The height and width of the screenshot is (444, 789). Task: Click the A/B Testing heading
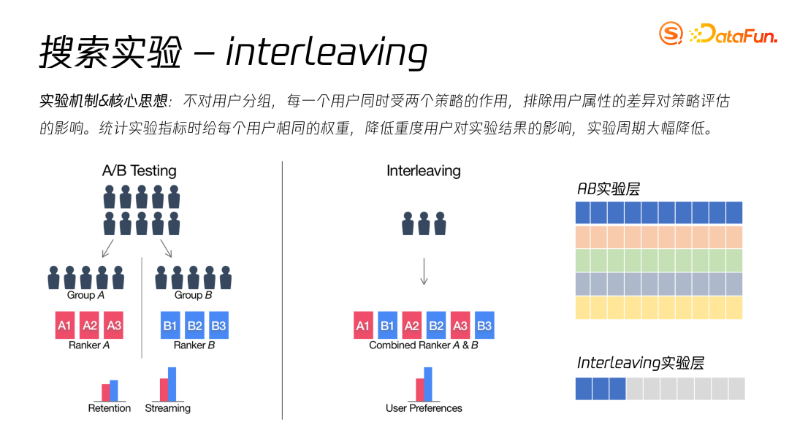(x=139, y=171)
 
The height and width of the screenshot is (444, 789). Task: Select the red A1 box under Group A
(x=65, y=325)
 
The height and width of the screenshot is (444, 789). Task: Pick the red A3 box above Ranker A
(x=113, y=325)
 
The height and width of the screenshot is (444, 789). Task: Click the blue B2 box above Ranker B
(x=194, y=325)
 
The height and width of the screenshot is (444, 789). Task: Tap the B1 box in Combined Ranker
(x=387, y=325)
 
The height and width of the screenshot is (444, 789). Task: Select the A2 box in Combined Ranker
(x=411, y=325)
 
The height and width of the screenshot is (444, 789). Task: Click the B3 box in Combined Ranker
(x=484, y=325)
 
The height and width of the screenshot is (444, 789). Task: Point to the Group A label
(x=85, y=295)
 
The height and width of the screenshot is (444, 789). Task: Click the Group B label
(x=193, y=295)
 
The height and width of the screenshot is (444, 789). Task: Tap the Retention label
(x=109, y=408)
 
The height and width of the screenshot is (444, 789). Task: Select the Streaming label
(x=167, y=408)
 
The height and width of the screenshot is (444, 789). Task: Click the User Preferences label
(x=424, y=408)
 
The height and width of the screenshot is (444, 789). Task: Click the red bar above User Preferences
(x=419, y=389)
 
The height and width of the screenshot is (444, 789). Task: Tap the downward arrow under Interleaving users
(x=424, y=270)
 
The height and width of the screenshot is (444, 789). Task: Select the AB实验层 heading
(x=608, y=189)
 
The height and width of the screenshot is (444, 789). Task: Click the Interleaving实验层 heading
(x=641, y=363)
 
